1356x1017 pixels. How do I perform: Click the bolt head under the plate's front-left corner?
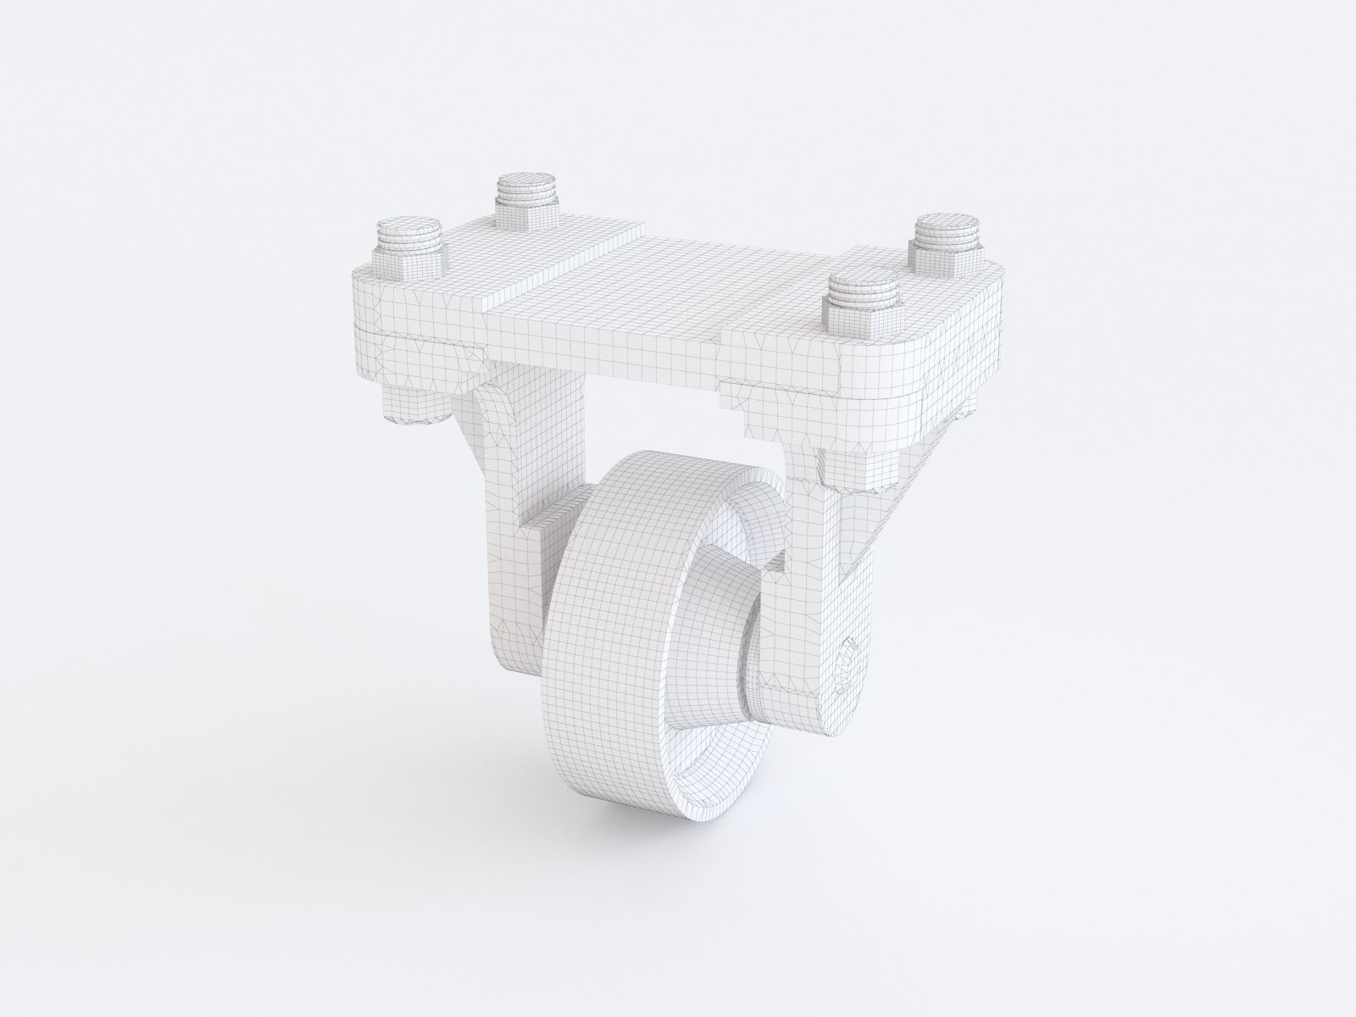[415, 403]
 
